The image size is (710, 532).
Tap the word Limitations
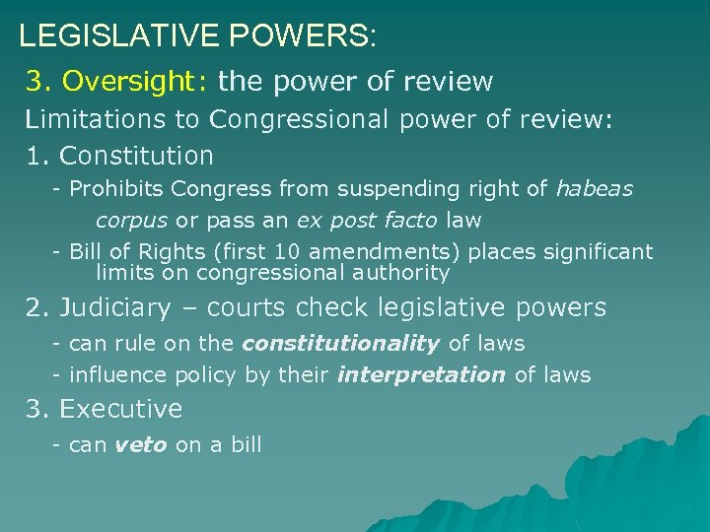(x=111, y=120)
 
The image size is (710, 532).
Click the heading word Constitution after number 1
(x=136, y=156)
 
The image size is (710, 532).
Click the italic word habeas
(x=595, y=188)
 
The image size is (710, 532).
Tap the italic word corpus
(x=132, y=220)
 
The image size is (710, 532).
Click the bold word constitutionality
(x=341, y=343)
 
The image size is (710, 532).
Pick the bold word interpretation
(x=421, y=375)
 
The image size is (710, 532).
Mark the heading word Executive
(x=121, y=409)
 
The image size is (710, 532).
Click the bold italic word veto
(x=141, y=444)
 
